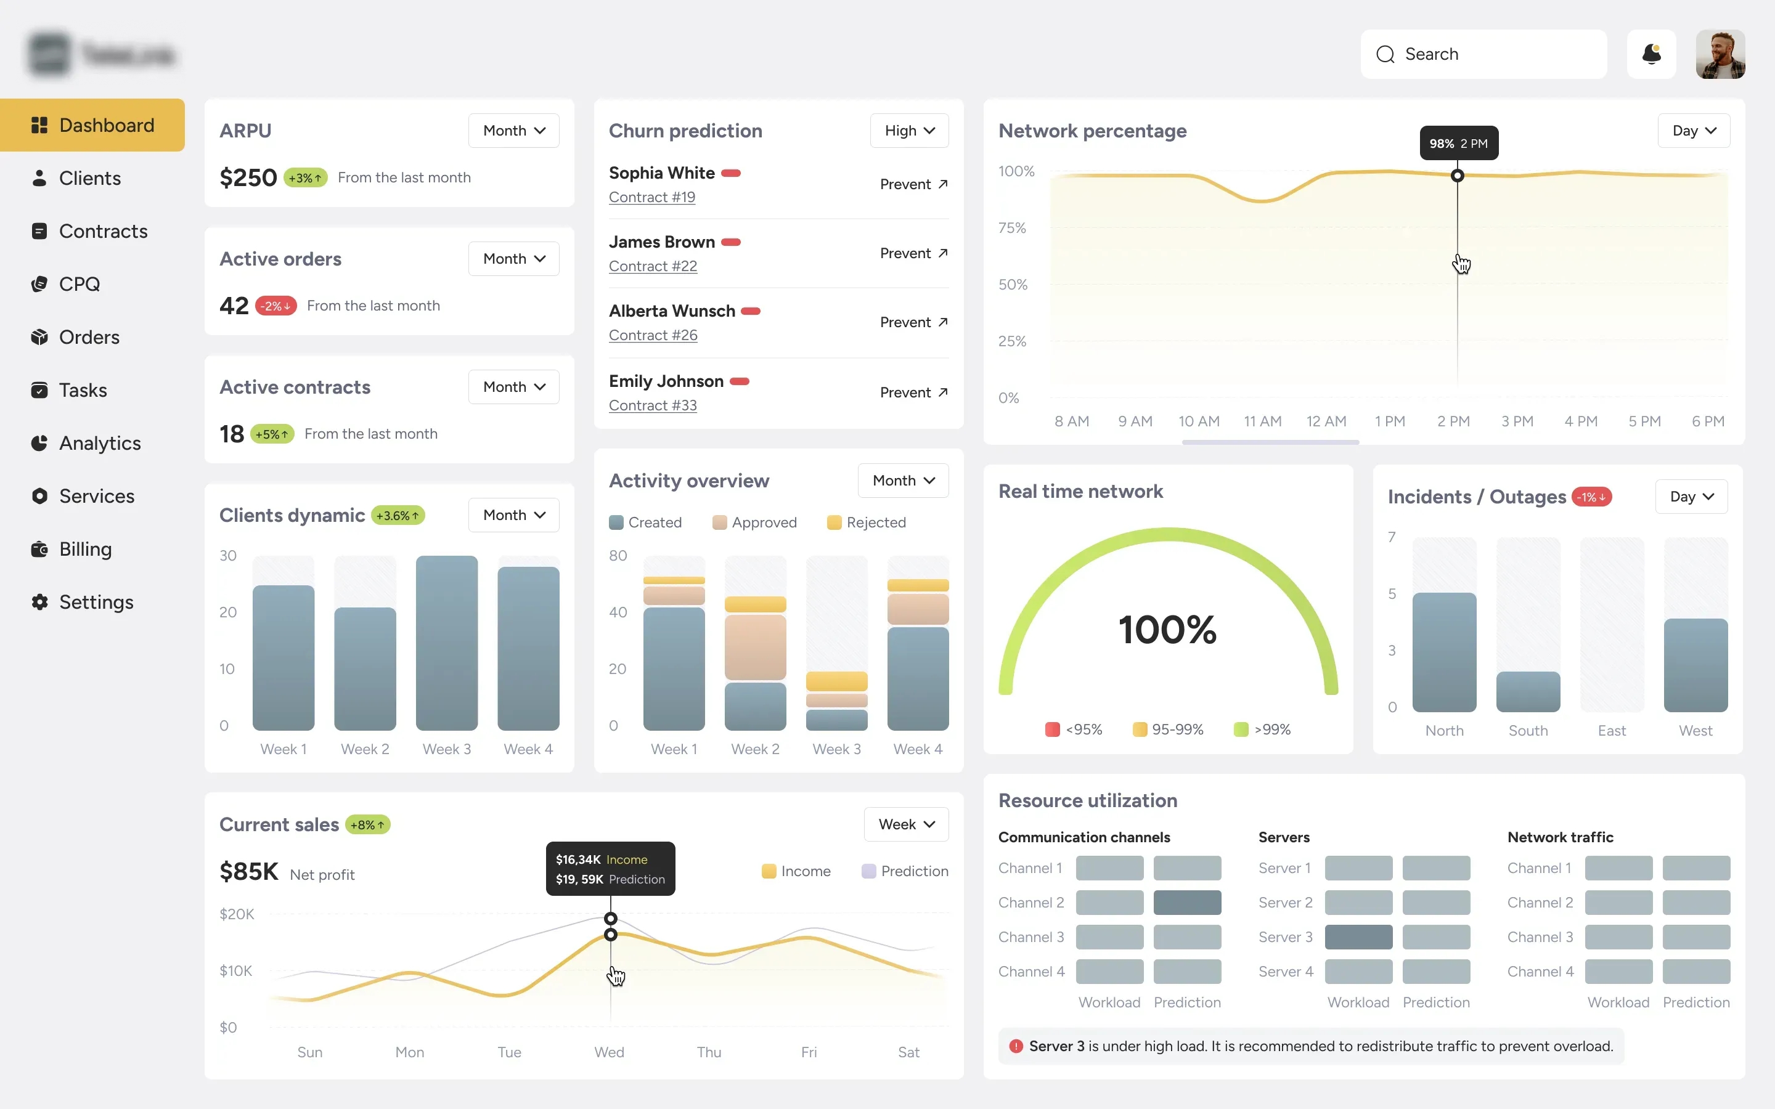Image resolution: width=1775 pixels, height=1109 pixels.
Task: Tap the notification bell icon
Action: (1651, 54)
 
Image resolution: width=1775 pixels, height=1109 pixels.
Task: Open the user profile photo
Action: (1720, 54)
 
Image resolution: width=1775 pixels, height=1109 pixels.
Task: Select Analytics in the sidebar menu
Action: (100, 443)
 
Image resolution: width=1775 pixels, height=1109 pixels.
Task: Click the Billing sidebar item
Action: (85, 548)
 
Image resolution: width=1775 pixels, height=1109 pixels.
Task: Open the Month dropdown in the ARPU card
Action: (513, 131)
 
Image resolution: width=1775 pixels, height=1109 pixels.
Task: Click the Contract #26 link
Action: (653, 335)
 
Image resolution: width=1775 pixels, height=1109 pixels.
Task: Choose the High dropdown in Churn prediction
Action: (909, 131)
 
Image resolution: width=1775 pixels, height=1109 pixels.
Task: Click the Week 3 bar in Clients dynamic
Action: (446, 643)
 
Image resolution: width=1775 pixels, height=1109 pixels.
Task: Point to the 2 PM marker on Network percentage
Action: (1458, 176)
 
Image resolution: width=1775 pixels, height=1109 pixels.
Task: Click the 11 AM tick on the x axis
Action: (1262, 421)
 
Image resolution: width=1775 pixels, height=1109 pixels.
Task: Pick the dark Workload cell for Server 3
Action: (1358, 936)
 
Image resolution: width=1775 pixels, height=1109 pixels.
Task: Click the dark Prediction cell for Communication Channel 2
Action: (1187, 902)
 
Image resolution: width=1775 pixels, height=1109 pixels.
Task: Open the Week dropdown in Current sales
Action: (906, 824)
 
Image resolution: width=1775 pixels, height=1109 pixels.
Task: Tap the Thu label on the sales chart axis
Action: (709, 1052)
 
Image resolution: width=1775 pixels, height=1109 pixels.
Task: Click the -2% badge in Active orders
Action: (275, 306)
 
